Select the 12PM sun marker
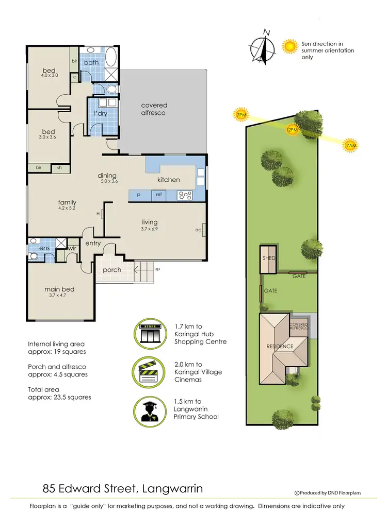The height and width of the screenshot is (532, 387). click(x=292, y=130)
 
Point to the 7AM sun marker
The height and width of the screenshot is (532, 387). click(x=350, y=146)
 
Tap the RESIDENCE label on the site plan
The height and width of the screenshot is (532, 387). click(x=280, y=347)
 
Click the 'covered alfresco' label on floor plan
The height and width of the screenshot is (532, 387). click(x=154, y=109)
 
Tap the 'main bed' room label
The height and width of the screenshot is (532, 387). click(x=59, y=289)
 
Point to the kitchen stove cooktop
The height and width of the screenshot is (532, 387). click(x=185, y=195)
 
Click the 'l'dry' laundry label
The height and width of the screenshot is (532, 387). click(x=101, y=113)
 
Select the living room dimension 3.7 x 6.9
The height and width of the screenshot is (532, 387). click(x=149, y=229)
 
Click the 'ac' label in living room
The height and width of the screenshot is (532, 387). click(x=198, y=230)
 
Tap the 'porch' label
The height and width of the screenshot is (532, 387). click(x=112, y=270)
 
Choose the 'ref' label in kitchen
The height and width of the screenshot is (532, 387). click(x=159, y=195)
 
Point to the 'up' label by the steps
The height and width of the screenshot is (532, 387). click(x=157, y=269)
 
